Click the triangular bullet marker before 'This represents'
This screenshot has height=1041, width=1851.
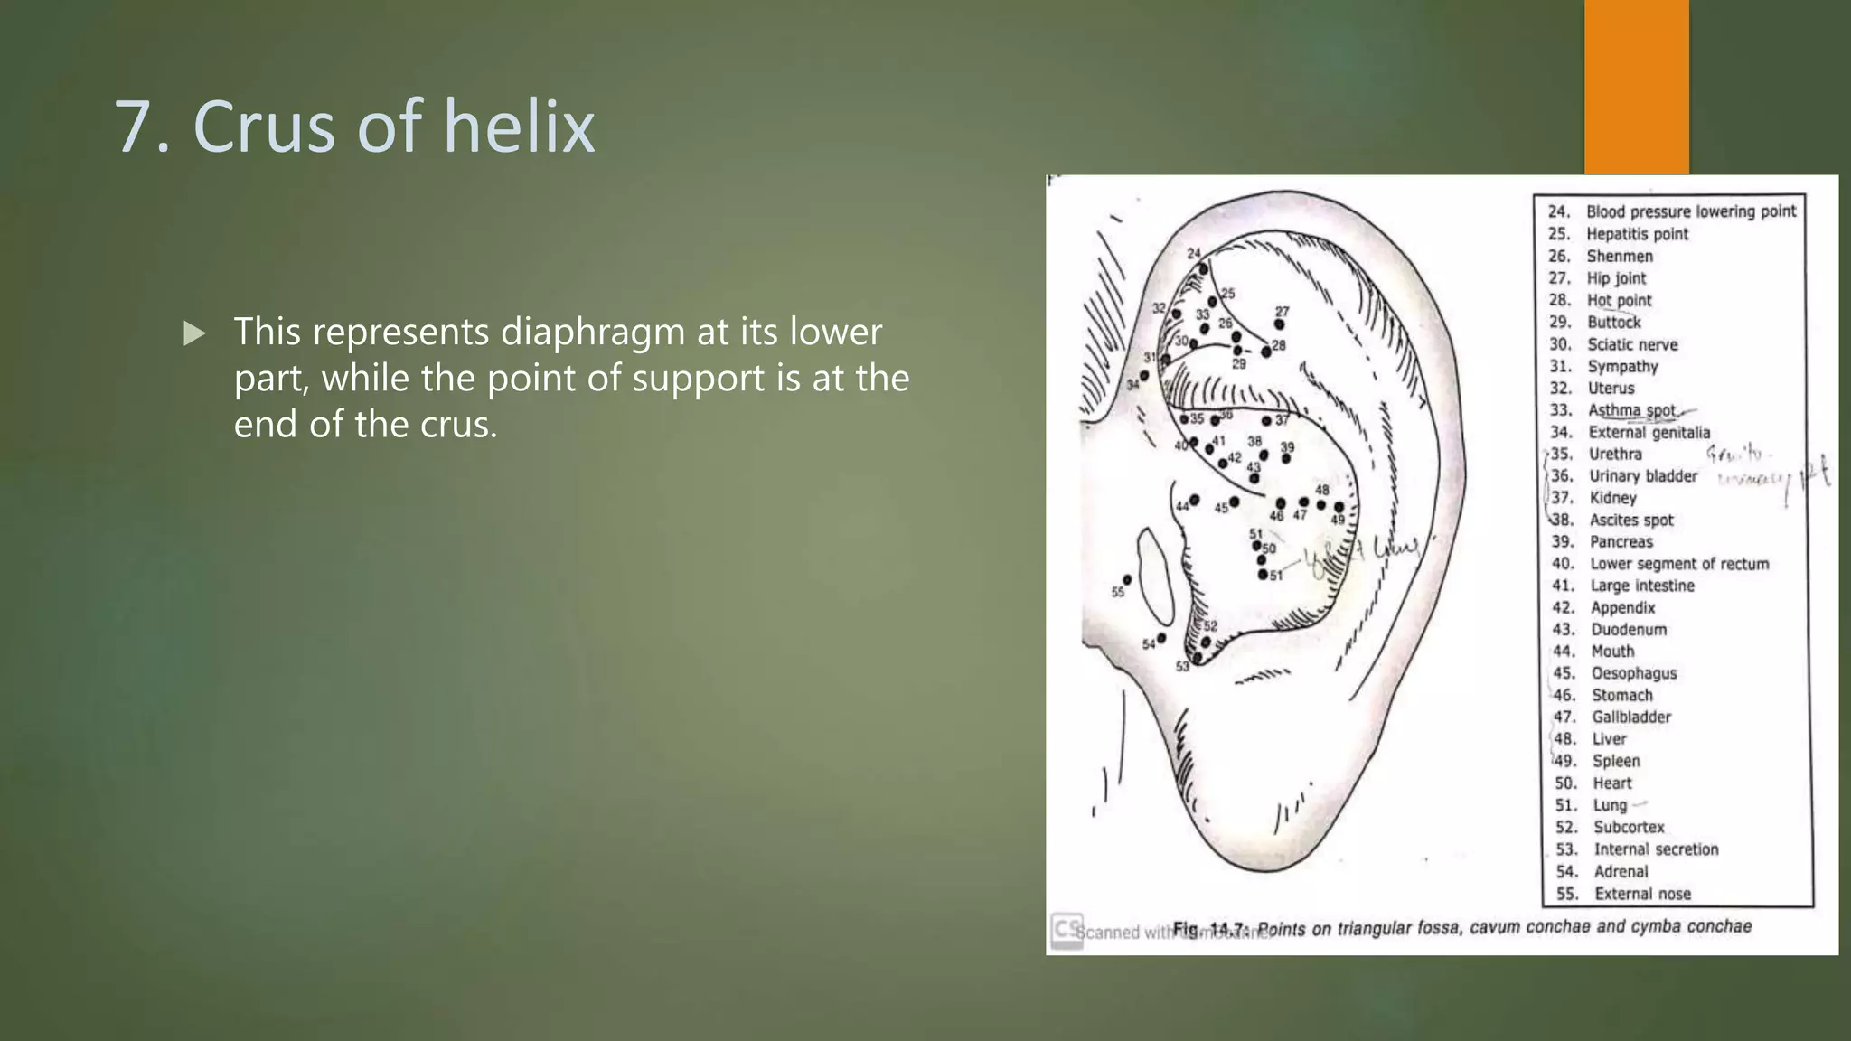point(193,333)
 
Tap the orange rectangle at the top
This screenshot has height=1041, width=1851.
point(1636,86)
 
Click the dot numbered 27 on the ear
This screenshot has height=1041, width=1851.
point(1279,324)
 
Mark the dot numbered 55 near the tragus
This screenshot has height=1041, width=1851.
point(1127,579)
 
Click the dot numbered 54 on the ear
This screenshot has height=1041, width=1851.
point(1161,638)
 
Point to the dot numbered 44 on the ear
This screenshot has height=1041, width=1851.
point(1195,500)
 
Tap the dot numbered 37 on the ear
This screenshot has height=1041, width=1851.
point(1266,421)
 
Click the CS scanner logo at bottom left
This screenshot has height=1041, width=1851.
point(1067,929)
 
